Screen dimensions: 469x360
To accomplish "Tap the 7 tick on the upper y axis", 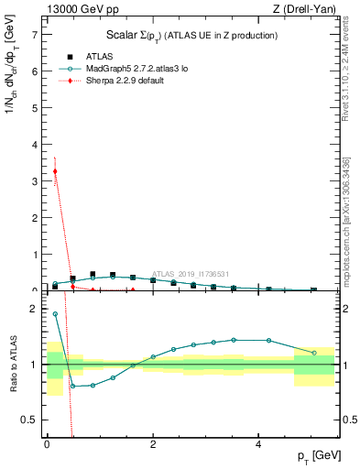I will (35, 34).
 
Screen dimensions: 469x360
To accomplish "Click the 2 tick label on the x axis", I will (153, 443).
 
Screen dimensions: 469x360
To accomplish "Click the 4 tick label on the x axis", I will (258, 443).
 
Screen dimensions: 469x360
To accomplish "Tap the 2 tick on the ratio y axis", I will (35, 309).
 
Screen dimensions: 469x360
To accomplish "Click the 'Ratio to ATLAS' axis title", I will (13, 364).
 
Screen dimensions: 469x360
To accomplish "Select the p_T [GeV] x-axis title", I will (315, 457).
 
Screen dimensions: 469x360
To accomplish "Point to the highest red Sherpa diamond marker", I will (55, 171).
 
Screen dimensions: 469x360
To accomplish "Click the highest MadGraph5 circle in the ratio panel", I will (55, 314).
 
